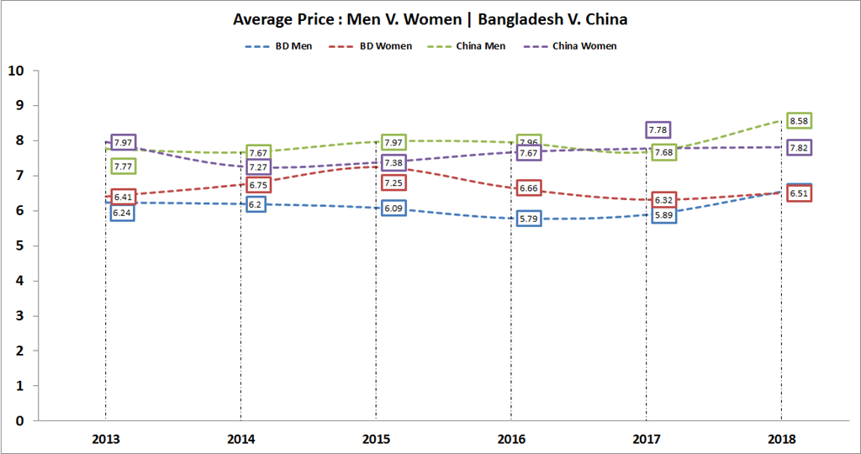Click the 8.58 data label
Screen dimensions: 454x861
[x=798, y=121]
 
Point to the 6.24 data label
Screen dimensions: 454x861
[x=122, y=213]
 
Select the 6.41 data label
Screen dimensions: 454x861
[x=123, y=198]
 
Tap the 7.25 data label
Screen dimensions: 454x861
[x=393, y=182]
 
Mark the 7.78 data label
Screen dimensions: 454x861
[x=658, y=129]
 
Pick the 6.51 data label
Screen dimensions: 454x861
[x=798, y=193]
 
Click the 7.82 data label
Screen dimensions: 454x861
[x=798, y=148]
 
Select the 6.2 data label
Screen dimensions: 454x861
[x=256, y=204]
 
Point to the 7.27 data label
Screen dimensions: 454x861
[x=258, y=167]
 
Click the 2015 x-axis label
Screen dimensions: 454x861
[x=376, y=439]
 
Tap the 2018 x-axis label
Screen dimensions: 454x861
[x=781, y=439]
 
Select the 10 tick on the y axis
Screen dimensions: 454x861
[x=14, y=70]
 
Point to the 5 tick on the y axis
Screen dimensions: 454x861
[x=18, y=245]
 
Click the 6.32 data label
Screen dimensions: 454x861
[x=663, y=200]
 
